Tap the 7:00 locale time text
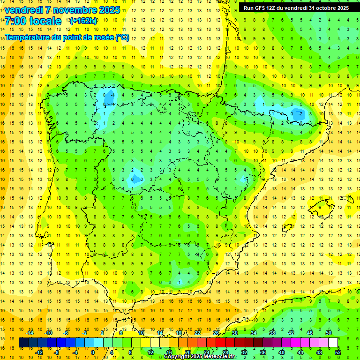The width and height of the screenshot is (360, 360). click(x=33, y=21)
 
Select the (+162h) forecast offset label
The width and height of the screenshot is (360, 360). click(x=83, y=21)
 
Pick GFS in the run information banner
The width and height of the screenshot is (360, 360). click(x=262, y=7)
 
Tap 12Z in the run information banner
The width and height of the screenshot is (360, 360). click(x=274, y=7)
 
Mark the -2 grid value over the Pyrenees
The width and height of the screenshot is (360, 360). click(x=300, y=113)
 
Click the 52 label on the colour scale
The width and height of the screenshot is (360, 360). click(x=338, y=352)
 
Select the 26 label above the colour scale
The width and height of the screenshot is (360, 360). click(x=216, y=333)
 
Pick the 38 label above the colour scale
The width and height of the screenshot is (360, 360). click(x=272, y=333)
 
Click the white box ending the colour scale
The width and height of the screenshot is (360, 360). click(x=333, y=343)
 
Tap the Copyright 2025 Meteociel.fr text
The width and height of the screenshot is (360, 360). click(x=200, y=357)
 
